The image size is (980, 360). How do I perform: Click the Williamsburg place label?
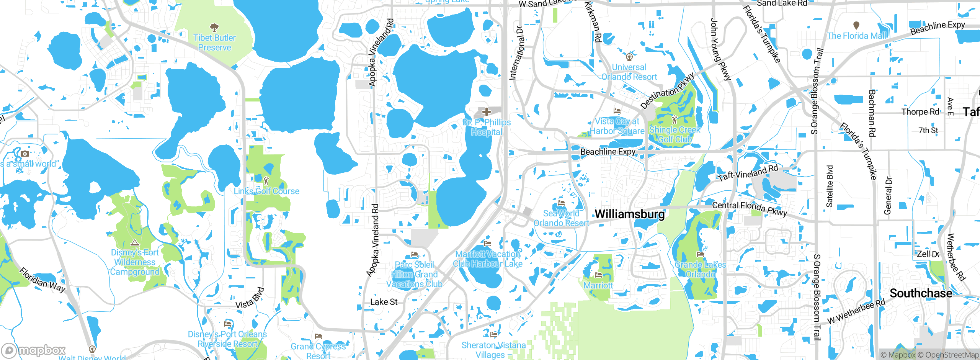pyautogui.click(x=630, y=214)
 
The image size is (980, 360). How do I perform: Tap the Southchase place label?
pyautogui.click(x=921, y=293)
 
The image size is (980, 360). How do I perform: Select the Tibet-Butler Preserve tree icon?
pyautogui.click(x=214, y=27)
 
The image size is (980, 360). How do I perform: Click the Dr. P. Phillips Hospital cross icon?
pyautogui.click(x=486, y=112)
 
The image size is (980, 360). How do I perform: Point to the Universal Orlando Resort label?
pyautogui.click(x=629, y=72)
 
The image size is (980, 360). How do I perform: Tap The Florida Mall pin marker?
pyautogui.click(x=856, y=25)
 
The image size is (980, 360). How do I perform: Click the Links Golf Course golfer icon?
pyautogui.click(x=266, y=180)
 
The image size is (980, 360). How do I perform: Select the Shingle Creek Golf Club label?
pyautogui.click(x=675, y=134)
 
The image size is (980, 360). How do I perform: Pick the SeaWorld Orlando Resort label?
pyautogui.click(x=561, y=218)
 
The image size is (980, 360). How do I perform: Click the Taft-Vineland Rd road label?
pyautogui.click(x=748, y=173)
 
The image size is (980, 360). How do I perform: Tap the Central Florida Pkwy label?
pyautogui.click(x=749, y=208)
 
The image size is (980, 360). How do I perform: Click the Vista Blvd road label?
pyautogui.click(x=250, y=298)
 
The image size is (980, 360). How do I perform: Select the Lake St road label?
pyautogui.click(x=384, y=302)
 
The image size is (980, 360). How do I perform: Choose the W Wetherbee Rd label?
pyautogui.click(x=856, y=311)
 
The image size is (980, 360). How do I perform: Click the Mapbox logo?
pyautogui.click(x=34, y=350)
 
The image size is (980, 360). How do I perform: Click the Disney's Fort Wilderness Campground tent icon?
pyautogui.click(x=134, y=242)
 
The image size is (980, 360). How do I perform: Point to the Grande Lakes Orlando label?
pyautogui.click(x=700, y=270)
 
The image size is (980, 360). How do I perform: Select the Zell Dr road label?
pyautogui.click(x=928, y=254)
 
